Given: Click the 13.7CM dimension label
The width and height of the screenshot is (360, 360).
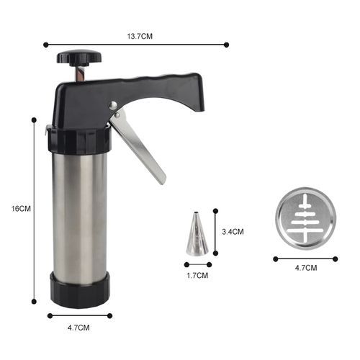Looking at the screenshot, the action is [x=140, y=37].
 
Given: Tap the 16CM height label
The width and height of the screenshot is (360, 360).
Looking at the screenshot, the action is [x=21, y=209].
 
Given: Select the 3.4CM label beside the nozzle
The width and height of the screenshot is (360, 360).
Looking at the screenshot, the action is [x=233, y=232].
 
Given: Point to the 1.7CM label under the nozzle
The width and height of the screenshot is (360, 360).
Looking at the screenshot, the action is [x=197, y=275].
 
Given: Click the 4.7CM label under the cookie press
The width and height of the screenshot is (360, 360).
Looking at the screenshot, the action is [x=78, y=328].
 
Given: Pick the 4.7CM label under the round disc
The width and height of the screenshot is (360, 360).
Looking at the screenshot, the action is [x=306, y=268].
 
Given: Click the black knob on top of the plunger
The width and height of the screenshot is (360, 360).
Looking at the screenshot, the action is [x=79, y=58].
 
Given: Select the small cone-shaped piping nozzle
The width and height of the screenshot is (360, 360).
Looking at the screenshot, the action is [x=197, y=234].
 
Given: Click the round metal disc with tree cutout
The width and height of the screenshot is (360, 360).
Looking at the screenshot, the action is [x=306, y=218].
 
